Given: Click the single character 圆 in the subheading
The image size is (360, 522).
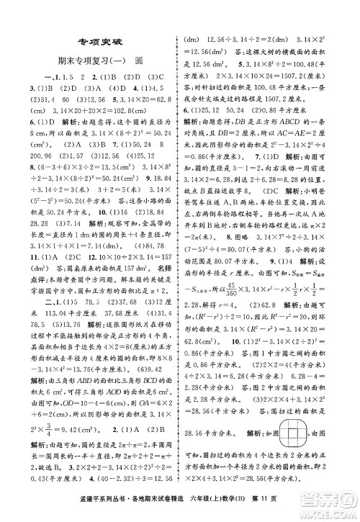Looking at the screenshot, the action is coord(138,60).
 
